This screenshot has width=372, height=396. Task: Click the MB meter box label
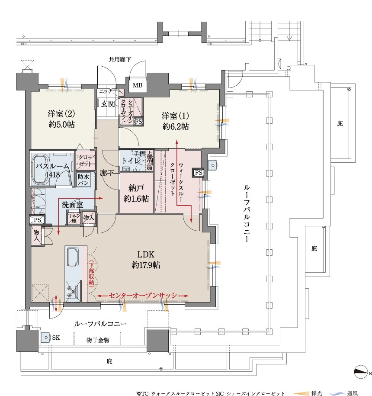pyautogui.click(x=138, y=85)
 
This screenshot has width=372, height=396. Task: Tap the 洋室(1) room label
pyautogui.click(x=175, y=116)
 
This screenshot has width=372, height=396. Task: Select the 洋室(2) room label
pyautogui.click(x=61, y=114)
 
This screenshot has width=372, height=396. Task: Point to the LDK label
pyautogui.click(x=146, y=254)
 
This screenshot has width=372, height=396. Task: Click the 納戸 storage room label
pyautogui.click(x=136, y=188)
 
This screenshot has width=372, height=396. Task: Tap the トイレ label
pyautogui.click(x=131, y=161)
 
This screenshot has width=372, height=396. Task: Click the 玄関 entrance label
pyautogui.click(x=108, y=104)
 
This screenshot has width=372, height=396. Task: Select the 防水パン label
pyautogui.click(x=83, y=180)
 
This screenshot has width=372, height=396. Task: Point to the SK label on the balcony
pyautogui.click(x=56, y=338)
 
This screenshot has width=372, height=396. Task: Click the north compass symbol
pyautogui.click(x=361, y=372)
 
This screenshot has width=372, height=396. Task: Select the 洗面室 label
pyautogui.click(x=72, y=205)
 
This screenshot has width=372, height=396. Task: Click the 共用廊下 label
pyautogui.click(x=120, y=59)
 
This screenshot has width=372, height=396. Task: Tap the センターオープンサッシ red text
pyautogui.click(x=143, y=296)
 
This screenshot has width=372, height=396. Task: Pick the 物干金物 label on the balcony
pyautogui.click(x=98, y=340)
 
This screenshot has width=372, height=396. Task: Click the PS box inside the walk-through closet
pyautogui.click(x=199, y=173)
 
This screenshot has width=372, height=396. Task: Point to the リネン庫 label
pyautogui.click(x=74, y=218)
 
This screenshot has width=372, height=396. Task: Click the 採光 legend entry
pyautogui.click(x=317, y=393)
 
